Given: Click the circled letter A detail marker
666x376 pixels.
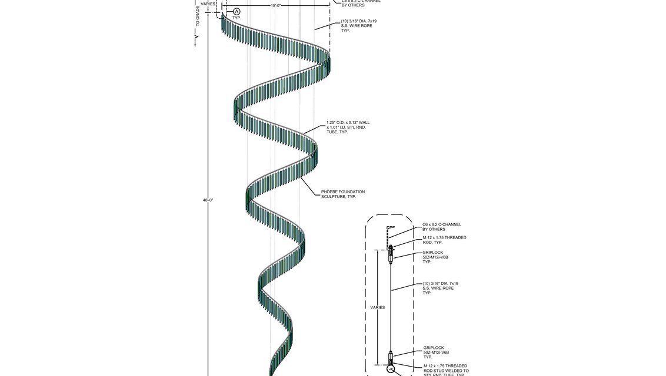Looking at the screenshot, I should point(237,12).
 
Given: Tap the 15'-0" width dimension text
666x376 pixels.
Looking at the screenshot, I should point(278,5).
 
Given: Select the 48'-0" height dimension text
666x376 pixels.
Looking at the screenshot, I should point(208,200).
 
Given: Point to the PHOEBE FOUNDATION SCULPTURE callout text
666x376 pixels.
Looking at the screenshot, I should point(342,194).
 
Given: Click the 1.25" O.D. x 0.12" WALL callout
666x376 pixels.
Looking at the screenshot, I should point(348,127).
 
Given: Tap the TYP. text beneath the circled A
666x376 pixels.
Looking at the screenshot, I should point(237,18).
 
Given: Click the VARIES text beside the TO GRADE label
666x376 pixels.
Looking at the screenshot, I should point(208,4).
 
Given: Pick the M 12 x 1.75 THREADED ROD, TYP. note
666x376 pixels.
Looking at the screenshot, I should point(444,240).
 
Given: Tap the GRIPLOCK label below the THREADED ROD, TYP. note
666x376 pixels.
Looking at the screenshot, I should point(435,257).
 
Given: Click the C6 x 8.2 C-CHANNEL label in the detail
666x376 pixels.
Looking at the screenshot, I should point(441,226).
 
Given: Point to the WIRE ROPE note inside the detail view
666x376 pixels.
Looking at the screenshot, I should point(440,288).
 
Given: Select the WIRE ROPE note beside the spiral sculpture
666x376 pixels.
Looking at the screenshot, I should point(358,26).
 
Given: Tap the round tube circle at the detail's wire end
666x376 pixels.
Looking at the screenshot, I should point(390,370).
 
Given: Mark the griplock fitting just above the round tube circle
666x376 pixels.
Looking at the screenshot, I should point(390,357).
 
